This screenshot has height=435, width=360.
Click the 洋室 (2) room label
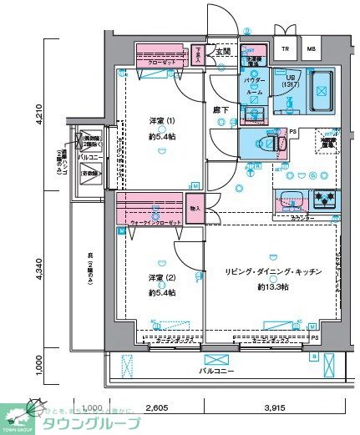click(x=155, y=277)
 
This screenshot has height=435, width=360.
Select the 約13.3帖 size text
click(x=273, y=287)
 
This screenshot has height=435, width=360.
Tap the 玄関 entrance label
click(x=223, y=52)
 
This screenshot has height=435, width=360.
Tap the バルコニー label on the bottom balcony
click(x=216, y=370)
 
